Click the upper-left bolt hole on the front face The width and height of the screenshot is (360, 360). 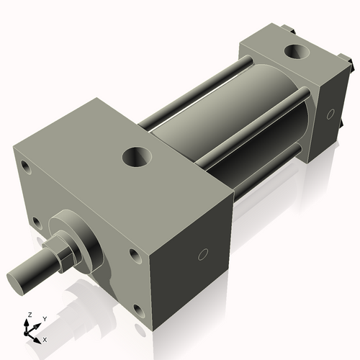point(26,168)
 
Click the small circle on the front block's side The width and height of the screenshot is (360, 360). point(203,253)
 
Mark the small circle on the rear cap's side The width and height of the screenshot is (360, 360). point(330,114)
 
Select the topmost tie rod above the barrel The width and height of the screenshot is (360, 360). point(194,94)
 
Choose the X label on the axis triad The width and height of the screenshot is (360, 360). point(45,338)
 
